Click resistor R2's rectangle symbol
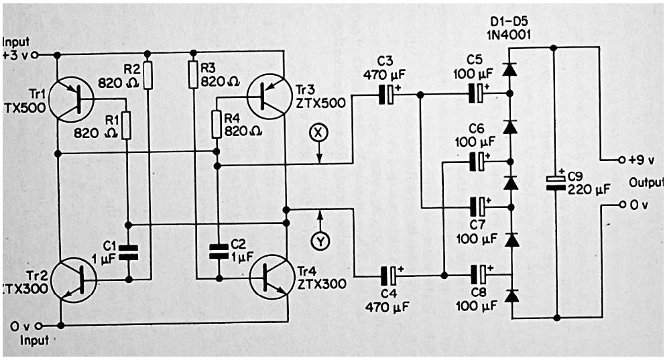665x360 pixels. tap(147, 75)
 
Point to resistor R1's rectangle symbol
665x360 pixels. tap(126, 125)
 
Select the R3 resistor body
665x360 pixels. tap(193, 75)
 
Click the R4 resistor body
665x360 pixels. tap(217, 124)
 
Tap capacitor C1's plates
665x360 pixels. tap(127, 252)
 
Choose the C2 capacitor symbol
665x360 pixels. tap(219, 251)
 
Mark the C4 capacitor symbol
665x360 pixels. tap(389, 276)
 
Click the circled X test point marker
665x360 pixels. tap(320, 132)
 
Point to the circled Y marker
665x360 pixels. tap(321, 241)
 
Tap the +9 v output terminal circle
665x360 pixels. tap(621, 160)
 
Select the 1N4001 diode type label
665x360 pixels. tap(509, 34)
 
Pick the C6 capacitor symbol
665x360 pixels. tap(477, 162)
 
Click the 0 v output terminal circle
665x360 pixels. tap(622, 204)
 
